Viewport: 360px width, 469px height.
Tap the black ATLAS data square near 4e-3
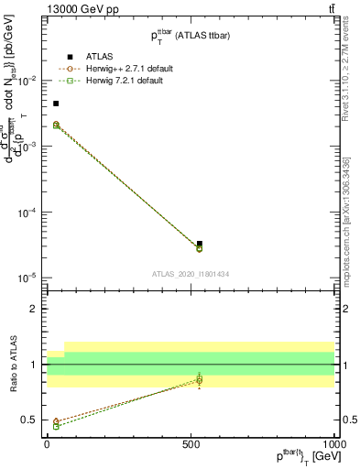coord(56,104)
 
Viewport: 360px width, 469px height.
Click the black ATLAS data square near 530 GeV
coord(200,244)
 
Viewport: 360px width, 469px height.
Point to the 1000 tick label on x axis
coord(333,444)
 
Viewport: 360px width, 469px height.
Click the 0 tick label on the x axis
coord(48,444)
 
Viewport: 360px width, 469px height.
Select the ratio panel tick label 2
coord(33,309)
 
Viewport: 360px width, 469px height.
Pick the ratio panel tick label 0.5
coord(29,420)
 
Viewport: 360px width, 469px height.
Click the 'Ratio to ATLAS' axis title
coord(12,365)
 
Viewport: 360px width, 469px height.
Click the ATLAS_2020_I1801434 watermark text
coord(191,274)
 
